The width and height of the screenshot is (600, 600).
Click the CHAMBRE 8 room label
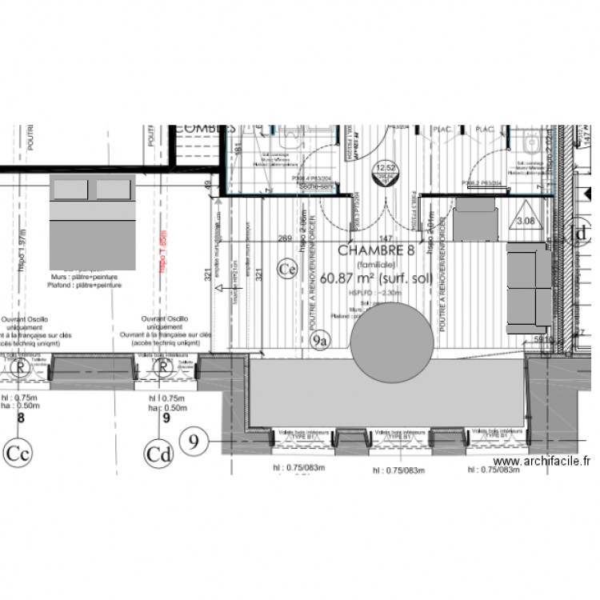[376, 250]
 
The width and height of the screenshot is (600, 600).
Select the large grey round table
[392, 342]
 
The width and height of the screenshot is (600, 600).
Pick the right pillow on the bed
[113, 189]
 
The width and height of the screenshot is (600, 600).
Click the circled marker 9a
[320, 341]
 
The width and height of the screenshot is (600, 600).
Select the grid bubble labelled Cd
[158, 454]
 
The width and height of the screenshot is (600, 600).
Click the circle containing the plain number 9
[195, 438]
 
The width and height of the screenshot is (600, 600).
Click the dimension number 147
[385, 238]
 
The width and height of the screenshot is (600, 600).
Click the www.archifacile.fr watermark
[543, 462]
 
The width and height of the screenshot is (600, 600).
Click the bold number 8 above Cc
[21, 417]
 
